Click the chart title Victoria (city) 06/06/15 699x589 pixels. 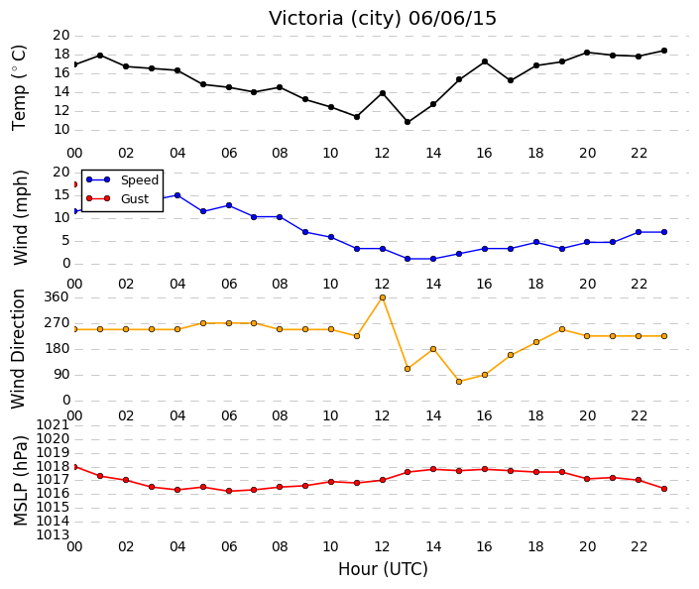tap(382, 19)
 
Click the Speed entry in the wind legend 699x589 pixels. tap(122, 180)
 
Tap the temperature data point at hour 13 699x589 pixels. tap(408, 122)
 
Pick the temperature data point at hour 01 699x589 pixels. tap(100, 56)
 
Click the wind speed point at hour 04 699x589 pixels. tap(177, 195)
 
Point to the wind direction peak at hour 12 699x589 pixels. tap(383, 297)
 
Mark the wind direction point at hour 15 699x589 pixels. tap(459, 382)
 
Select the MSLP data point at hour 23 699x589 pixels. tap(664, 489)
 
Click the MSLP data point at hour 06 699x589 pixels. tap(229, 491)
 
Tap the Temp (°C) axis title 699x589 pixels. tap(19, 88)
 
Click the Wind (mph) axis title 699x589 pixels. tap(20, 217)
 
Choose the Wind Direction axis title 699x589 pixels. tap(18, 349)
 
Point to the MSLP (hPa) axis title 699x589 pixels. tap(20, 481)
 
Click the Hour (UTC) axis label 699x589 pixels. tap(383, 569)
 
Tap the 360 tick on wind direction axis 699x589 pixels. tap(58, 297)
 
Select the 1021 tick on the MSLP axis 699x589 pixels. tap(53, 425)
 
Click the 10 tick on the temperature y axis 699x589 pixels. tap(61, 130)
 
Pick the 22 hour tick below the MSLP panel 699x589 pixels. tap(639, 546)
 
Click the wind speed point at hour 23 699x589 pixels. tap(664, 232)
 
